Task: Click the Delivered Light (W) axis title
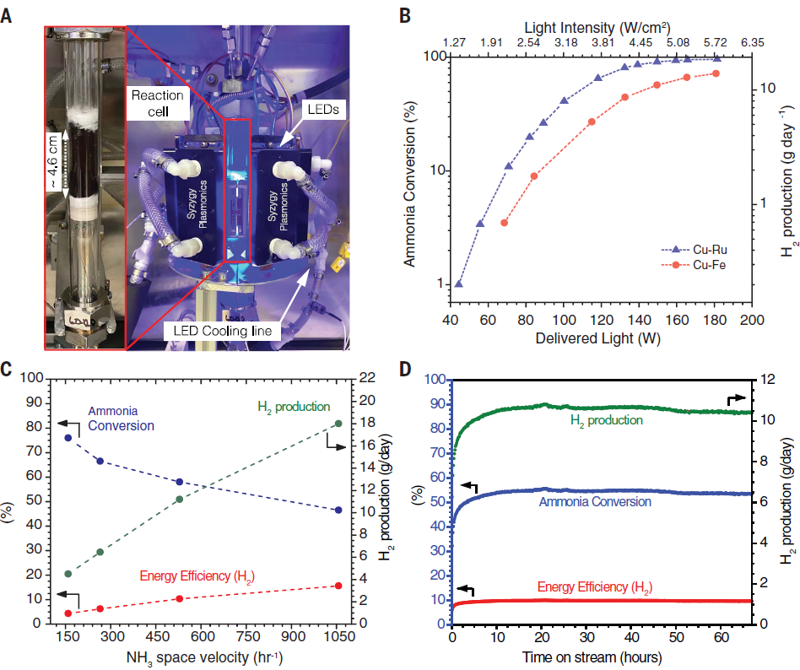click(x=599, y=339)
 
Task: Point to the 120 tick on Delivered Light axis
click(x=601, y=321)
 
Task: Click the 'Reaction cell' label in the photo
click(x=156, y=103)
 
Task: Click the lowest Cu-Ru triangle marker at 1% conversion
click(x=459, y=284)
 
